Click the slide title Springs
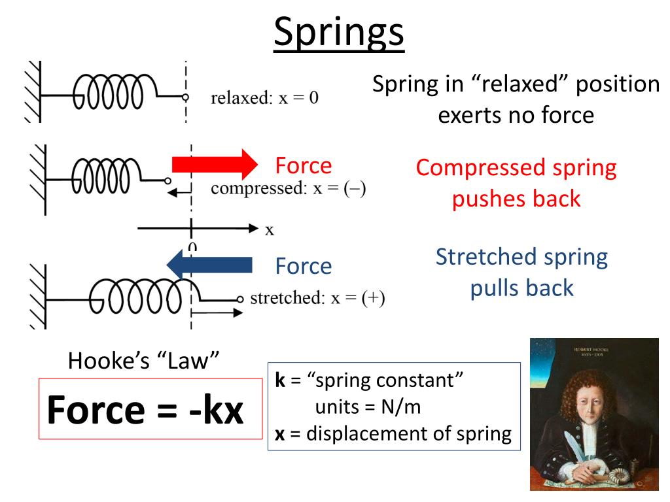pos(339,33)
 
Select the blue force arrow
pos(209,265)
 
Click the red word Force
pos(303,165)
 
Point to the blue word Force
pos(303,266)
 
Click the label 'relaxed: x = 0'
pos(264,99)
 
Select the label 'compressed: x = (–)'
pos(288,189)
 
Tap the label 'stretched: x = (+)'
pos(317,298)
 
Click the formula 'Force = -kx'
pos(145,410)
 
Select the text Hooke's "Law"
pos(143,361)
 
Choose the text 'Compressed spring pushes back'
pos(516,183)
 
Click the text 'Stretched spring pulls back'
pos(521,272)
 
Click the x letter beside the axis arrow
pos(269,229)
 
